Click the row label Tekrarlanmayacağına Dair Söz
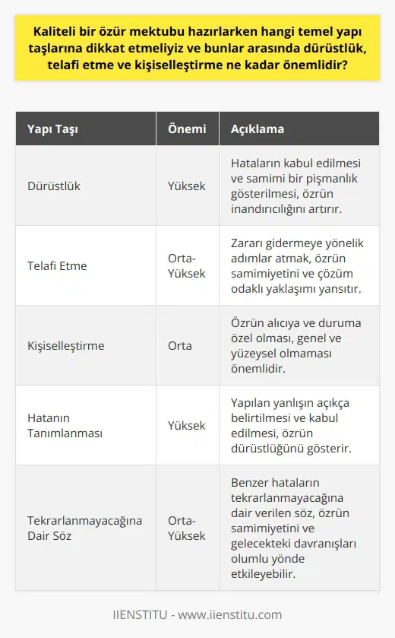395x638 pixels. point(84,528)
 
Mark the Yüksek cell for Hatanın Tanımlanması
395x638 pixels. point(186,426)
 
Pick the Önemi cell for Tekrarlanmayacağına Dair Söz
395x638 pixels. point(186,528)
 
